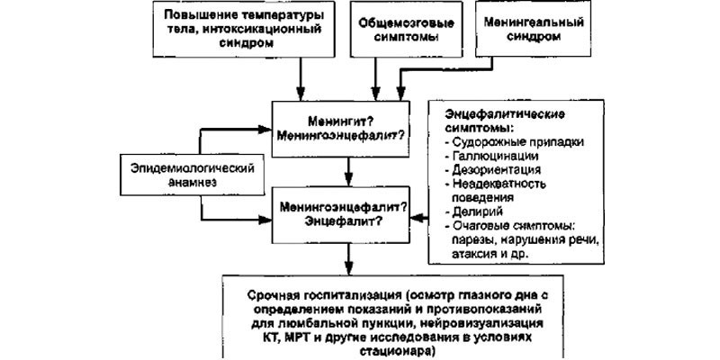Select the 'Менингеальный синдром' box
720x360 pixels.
534,29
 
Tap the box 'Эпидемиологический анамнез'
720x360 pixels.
192,175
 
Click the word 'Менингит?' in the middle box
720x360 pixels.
340,122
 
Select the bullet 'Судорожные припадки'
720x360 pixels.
514,141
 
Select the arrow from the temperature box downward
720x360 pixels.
301,79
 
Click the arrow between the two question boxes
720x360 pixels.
348,172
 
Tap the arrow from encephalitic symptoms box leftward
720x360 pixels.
419,218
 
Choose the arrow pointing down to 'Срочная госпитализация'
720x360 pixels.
348,259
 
